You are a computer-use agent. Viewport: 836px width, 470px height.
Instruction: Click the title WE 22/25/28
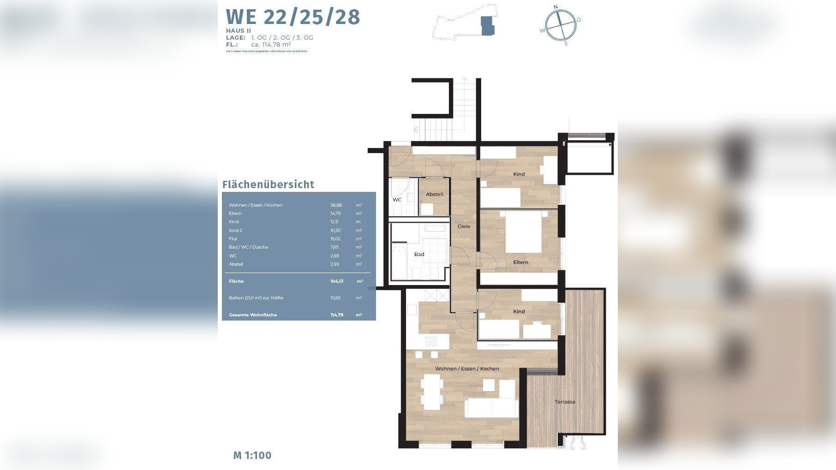click(x=293, y=17)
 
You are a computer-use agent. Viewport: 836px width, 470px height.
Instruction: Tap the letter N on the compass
click(x=555, y=7)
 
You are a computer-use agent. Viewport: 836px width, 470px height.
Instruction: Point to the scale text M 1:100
click(x=252, y=455)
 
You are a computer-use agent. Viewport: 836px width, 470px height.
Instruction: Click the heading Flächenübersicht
click(x=268, y=184)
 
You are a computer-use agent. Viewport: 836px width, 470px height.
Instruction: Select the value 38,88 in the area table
click(x=336, y=205)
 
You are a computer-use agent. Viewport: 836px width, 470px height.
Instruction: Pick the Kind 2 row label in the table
click(x=235, y=231)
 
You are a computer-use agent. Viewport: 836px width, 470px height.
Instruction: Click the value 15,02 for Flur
click(x=335, y=239)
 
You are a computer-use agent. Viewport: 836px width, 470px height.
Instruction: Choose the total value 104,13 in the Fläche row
click(x=336, y=281)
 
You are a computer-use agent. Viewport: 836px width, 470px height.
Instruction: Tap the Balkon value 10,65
click(x=335, y=298)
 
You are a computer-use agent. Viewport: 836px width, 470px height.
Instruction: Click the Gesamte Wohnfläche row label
click(x=253, y=315)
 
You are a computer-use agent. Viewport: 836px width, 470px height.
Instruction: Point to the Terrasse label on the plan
click(x=565, y=402)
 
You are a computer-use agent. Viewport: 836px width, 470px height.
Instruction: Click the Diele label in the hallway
click(x=464, y=226)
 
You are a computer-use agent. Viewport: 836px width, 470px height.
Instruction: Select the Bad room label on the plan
click(x=419, y=254)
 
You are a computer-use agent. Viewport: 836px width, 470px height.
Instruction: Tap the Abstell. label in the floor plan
click(x=435, y=195)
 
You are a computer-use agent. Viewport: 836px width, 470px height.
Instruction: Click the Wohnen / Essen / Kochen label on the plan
click(x=467, y=369)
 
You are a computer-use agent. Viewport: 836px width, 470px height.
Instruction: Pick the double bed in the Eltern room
click(x=523, y=232)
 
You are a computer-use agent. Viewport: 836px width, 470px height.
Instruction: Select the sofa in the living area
click(x=491, y=408)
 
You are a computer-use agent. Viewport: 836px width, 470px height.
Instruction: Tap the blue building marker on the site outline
click(x=487, y=25)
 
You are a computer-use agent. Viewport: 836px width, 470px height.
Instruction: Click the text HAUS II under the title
click(x=239, y=31)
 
